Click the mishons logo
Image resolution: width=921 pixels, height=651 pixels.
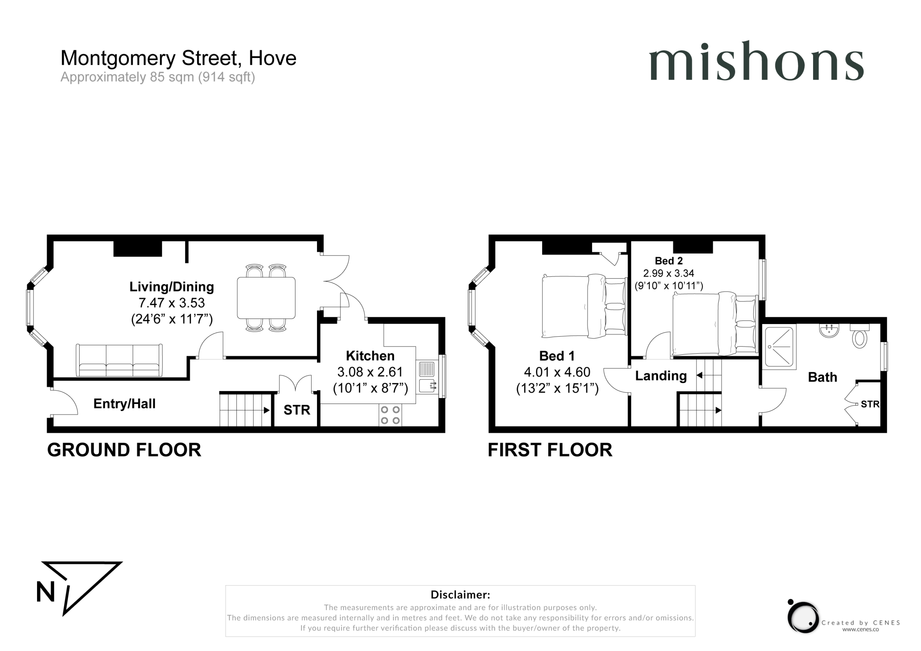(756, 61)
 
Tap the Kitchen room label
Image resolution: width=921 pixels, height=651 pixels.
(370, 356)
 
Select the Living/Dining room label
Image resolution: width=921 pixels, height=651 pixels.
(172, 287)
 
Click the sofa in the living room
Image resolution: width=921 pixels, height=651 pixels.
(119, 360)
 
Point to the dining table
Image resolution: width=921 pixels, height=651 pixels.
(266, 297)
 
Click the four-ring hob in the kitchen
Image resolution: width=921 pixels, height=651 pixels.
(390, 415)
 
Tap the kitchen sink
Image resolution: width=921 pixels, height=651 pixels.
(426, 377)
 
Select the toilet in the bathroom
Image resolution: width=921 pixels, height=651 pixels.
(859, 336)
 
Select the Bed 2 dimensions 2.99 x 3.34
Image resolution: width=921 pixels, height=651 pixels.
(669, 273)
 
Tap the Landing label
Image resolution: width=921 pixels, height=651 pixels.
(661, 376)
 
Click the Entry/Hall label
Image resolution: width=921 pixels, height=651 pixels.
(124, 404)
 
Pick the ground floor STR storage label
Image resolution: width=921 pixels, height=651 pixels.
(297, 410)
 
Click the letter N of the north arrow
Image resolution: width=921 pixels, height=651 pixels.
(45, 592)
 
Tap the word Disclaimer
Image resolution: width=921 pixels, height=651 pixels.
(460, 595)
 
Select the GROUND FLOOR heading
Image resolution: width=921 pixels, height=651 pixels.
(124, 450)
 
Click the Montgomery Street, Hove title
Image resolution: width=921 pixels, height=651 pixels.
(178, 58)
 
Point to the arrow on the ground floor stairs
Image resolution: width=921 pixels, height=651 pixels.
(266, 410)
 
